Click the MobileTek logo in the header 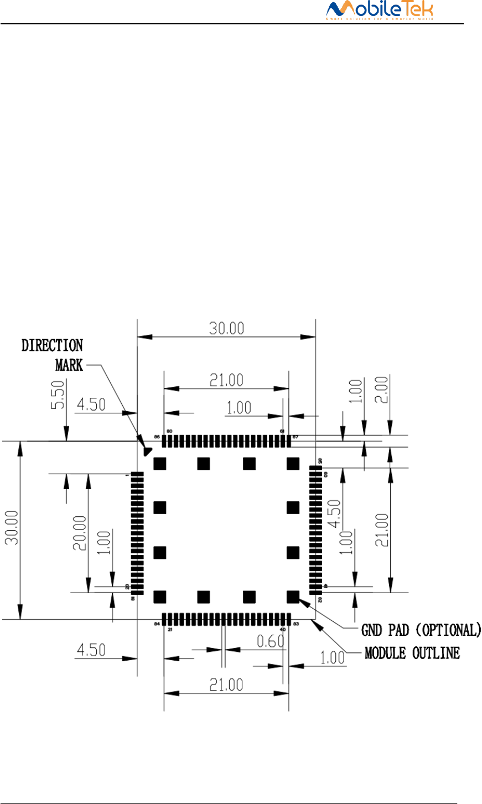click(379, 11)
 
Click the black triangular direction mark click(147, 451)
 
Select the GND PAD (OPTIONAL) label click(421, 630)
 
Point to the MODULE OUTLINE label click(412, 653)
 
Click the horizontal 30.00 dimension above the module click(226, 328)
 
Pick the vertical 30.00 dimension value click(12, 527)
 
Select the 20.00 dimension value click(80, 533)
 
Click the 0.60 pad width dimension click(270, 641)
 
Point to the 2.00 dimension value click(390, 391)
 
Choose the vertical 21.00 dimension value click(382, 530)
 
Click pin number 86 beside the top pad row click(157, 437)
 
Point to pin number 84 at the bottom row click(157, 624)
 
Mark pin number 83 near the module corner click(297, 624)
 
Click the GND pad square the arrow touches click(293, 596)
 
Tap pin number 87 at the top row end click(296, 437)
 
